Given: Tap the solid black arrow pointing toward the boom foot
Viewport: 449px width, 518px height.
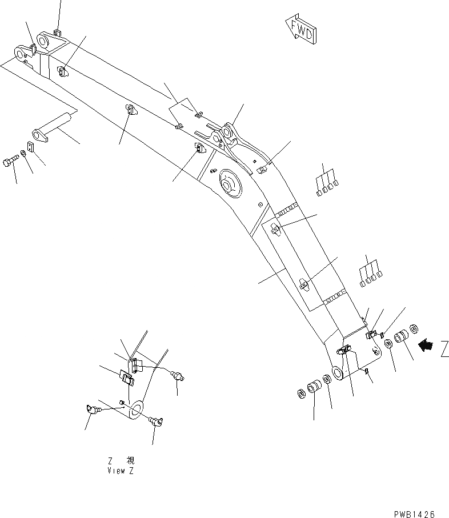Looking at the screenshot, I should (426, 345).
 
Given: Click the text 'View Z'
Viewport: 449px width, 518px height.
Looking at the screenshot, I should (121, 471).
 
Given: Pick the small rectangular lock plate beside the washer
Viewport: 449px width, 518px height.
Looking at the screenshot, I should (31, 147).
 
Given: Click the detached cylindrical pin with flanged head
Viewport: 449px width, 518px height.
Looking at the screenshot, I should (52, 128).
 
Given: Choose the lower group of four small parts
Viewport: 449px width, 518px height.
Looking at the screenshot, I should (368, 273).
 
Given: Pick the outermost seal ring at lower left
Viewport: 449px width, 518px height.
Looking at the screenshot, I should (300, 393).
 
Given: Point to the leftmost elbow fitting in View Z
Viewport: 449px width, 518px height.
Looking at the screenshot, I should (90, 408).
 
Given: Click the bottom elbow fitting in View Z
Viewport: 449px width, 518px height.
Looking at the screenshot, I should (155, 421).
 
